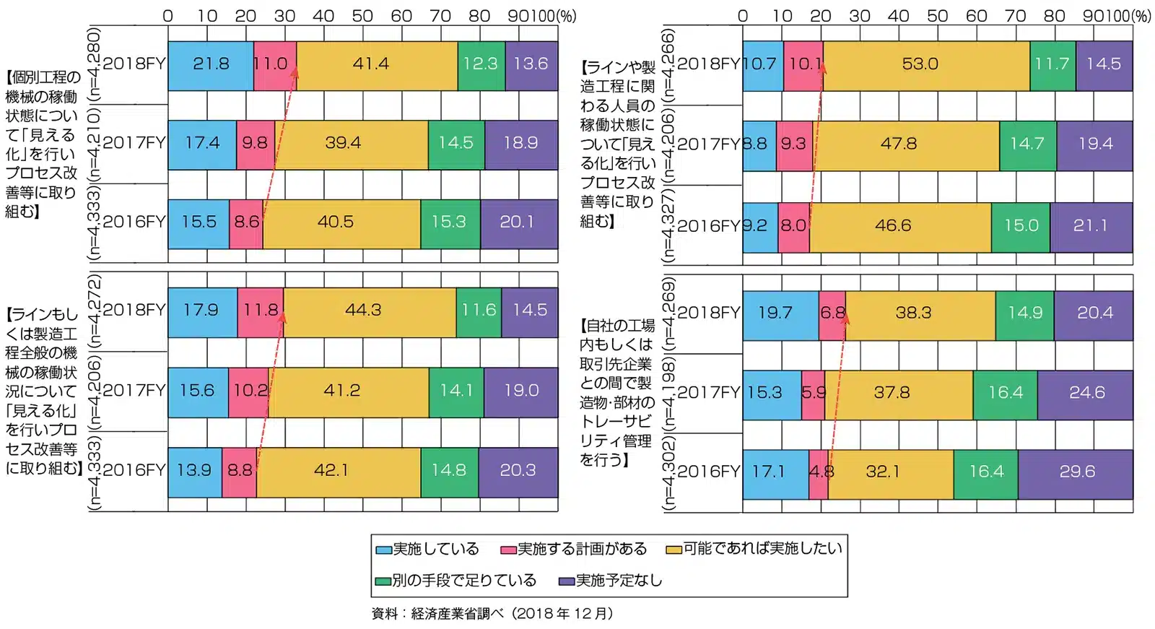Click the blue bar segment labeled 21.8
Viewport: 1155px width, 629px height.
coord(211,64)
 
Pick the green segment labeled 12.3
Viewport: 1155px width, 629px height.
coord(481,64)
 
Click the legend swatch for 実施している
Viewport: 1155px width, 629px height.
coord(383,550)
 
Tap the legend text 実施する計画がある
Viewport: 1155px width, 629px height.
coord(582,550)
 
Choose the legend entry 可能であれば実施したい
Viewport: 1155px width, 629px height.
coord(762,549)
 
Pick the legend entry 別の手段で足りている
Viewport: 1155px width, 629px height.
coord(463,581)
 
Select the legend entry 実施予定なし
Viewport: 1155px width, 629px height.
coord(618,581)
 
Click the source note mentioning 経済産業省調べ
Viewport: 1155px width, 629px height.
coord(492,614)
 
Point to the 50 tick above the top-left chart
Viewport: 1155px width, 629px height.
coord(362,16)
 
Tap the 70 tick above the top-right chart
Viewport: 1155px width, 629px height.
coord(1015,16)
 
